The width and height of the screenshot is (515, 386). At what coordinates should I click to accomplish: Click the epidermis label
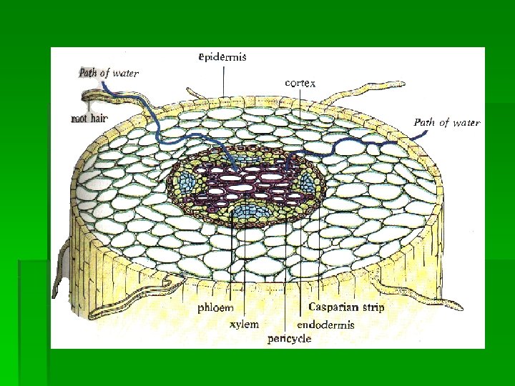point(223,58)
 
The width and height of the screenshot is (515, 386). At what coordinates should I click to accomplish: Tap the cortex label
point(300,83)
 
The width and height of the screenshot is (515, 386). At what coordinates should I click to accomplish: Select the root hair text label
point(89,118)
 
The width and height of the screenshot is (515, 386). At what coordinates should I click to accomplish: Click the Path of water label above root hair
point(109,72)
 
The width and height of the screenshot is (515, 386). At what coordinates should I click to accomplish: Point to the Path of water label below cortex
point(446,122)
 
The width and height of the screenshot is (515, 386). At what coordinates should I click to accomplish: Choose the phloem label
point(215,308)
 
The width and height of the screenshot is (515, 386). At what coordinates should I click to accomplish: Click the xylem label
point(243,324)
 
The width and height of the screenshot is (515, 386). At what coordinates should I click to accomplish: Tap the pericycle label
point(290,339)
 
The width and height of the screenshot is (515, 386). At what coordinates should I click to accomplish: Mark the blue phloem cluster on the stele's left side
point(188,180)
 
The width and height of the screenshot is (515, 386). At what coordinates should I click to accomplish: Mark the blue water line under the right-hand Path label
point(401,143)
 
